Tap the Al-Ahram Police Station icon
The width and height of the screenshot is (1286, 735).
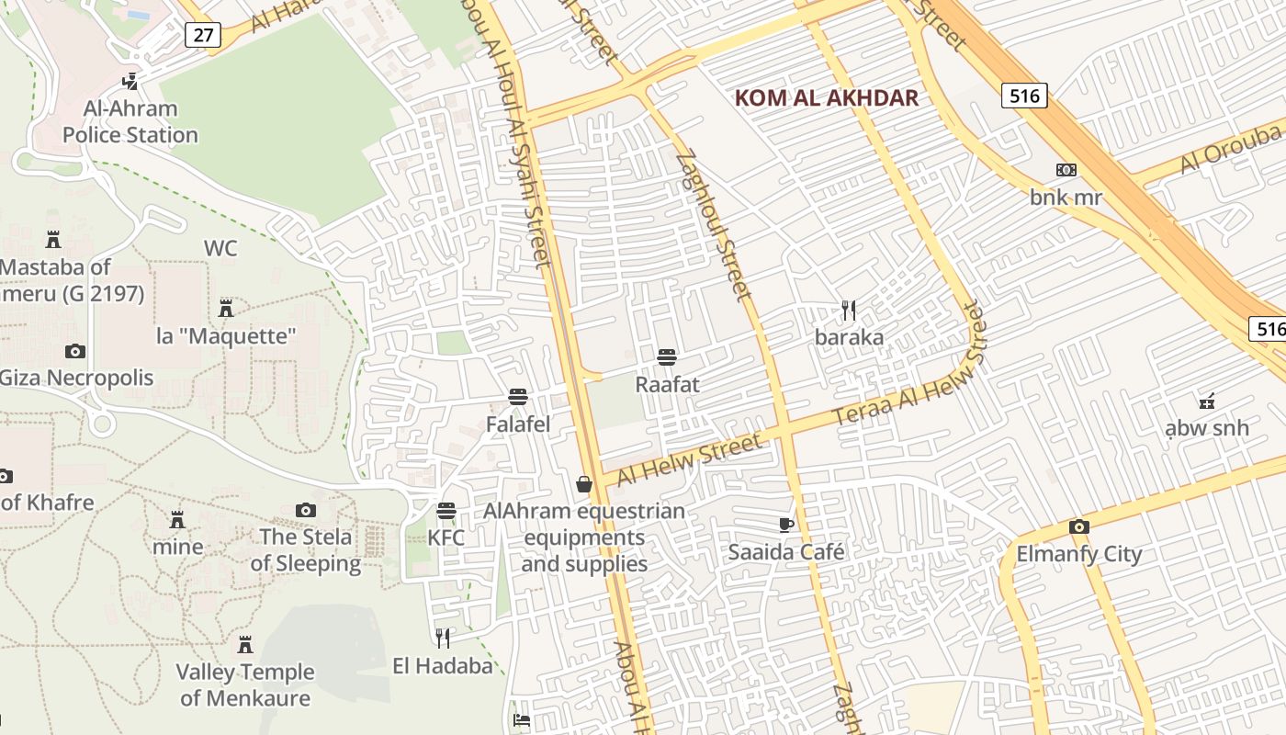(x=130, y=81)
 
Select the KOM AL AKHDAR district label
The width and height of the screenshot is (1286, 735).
(x=827, y=98)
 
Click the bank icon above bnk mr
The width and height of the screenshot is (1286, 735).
(x=1066, y=170)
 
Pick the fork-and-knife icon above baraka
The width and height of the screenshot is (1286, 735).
(x=849, y=311)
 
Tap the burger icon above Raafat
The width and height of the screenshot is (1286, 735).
(x=667, y=357)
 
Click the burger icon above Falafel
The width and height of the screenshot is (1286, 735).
(x=518, y=397)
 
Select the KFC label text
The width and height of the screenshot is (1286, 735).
(x=446, y=537)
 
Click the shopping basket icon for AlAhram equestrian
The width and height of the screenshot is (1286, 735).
(x=583, y=483)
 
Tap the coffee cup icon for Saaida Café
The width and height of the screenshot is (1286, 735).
(x=786, y=525)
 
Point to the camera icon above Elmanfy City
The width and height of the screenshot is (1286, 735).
(x=1079, y=526)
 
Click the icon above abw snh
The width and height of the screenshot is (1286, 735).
(x=1207, y=401)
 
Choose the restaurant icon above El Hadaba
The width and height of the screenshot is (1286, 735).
(x=443, y=638)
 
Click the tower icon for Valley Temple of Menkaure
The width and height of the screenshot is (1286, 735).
(x=245, y=644)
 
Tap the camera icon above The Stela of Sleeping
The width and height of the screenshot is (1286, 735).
(x=306, y=510)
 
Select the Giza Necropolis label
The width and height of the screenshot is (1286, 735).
(x=76, y=378)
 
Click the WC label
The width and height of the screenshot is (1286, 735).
(x=220, y=248)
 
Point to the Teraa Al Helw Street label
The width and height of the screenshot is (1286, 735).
(x=908, y=366)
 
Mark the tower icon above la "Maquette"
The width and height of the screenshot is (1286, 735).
(x=226, y=308)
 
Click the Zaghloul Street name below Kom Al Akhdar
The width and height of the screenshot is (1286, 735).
(x=714, y=226)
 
